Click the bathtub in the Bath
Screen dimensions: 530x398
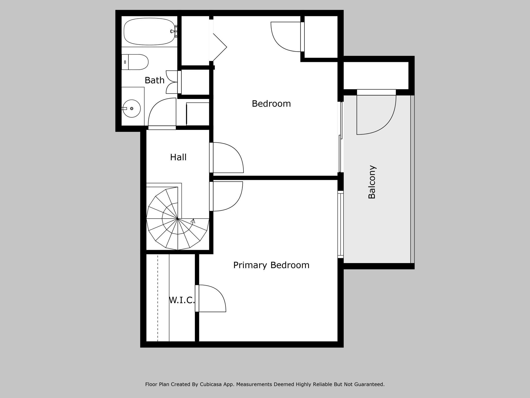tap(149, 31)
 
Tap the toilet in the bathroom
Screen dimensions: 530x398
tap(135, 62)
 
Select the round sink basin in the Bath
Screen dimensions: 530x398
tap(132, 108)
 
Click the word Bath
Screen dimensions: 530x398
tap(154, 80)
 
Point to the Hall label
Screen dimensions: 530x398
tap(178, 157)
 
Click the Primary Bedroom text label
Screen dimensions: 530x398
tap(271, 265)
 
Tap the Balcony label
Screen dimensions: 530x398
tap(372, 182)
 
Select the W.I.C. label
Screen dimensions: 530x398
tap(182, 300)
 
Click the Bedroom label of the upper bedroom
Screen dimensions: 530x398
tap(271, 104)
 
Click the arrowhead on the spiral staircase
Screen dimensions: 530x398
tap(193, 221)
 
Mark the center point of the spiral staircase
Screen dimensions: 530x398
tap(178, 219)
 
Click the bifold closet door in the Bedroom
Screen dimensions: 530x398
tap(220, 47)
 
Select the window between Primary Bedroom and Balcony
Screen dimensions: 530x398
tap(341, 225)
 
